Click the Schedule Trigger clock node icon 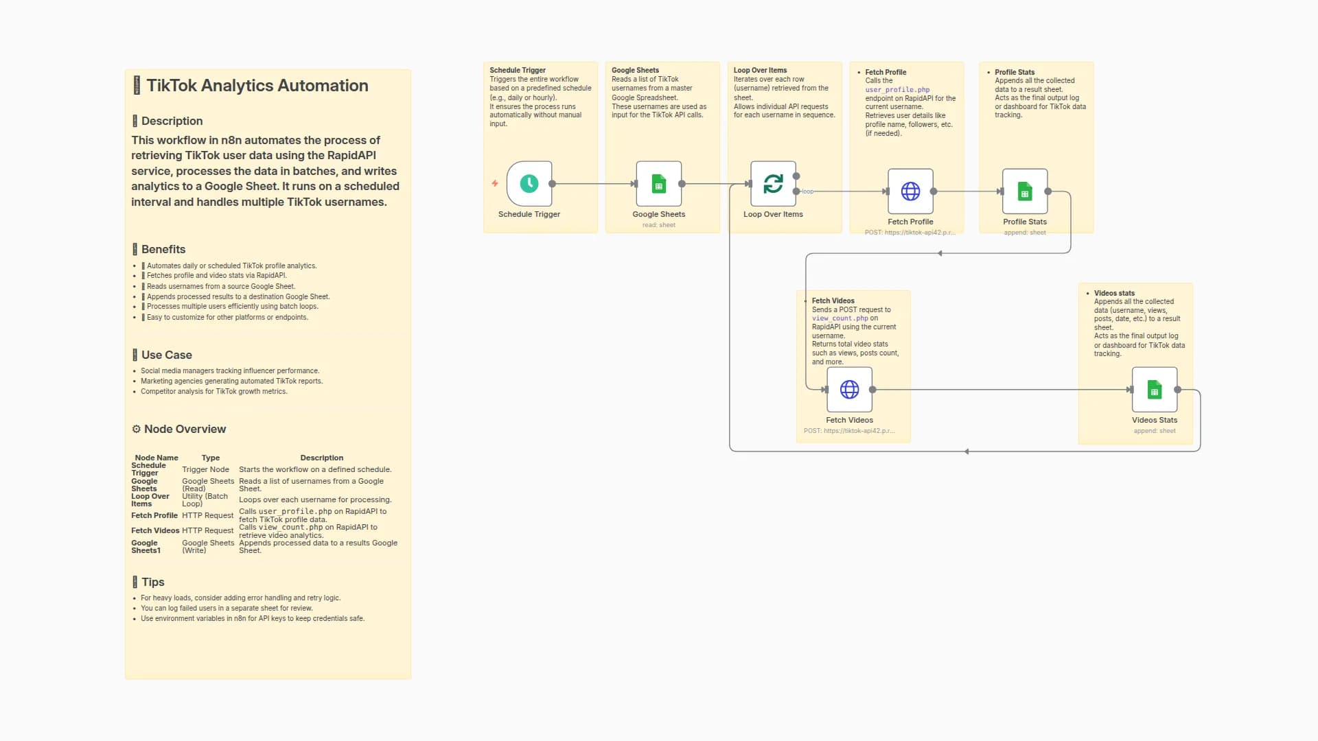pos(529,184)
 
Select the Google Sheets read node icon pos(658,184)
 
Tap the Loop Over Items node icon pos(773,184)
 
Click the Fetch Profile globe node pos(910,191)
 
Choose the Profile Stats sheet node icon pos(1024,191)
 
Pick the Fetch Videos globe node pos(849,390)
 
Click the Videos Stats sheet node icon pos(1154,390)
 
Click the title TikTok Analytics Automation pos(257,86)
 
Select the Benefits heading pos(163,249)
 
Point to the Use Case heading pos(166,355)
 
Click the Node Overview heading pos(185,429)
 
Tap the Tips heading pos(152,582)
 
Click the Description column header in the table pos(321,458)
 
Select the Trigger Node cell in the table pos(205,469)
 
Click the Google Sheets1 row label pos(146,546)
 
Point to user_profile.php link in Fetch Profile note pos(897,90)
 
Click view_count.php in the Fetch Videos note pos(840,318)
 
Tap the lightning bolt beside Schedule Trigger pos(494,183)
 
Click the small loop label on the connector pos(808,191)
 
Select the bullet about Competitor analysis pos(213,392)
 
